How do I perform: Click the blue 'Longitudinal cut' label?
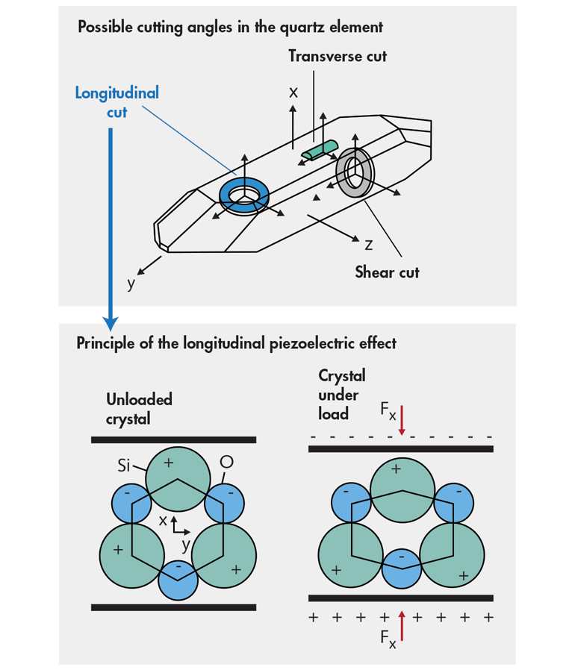(116, 103)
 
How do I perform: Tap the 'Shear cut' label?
(387, 272)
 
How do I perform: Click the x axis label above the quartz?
(293, 92)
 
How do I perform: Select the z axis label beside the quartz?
(369, 244)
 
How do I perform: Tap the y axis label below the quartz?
(131, 284)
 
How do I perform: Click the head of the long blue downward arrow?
(111, 322)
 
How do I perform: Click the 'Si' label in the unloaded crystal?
(125, 466)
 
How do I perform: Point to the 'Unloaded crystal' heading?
(139, 408)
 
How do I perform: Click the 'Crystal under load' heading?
(342, 394)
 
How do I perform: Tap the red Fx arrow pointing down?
(402, 422)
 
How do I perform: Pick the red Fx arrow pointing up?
(402, 625)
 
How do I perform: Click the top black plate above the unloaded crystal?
(173, 440)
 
